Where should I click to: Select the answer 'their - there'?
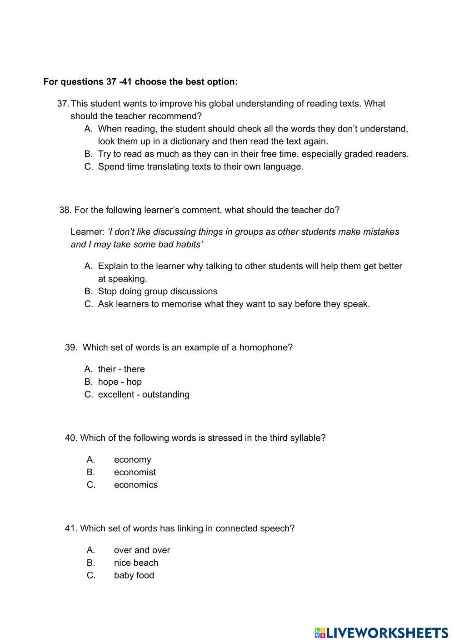tap(121, 369)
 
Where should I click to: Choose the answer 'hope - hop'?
tap(120, 382)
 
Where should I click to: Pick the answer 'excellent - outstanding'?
tap(144, 394)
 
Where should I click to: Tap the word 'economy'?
tap(133, 459)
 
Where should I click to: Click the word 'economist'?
tap(135, 472)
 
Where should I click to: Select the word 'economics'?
tap(136, 485)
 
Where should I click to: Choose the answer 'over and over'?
tap(142, 550)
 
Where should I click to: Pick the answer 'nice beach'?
tap(136, 563)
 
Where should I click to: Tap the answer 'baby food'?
tap(134, 575)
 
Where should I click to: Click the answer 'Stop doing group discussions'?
tap(158, 291)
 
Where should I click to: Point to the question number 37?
tap(63, 104)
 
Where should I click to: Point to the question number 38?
tap(65, 210)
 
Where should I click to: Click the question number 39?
tap(71, 347)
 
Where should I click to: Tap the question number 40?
tap(71, 438)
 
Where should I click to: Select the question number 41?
tap(71, 528)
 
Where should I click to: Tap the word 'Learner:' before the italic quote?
tap(88, 232)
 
